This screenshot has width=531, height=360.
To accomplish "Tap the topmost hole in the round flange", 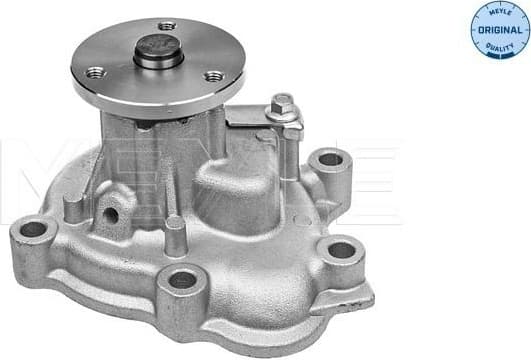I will pos(167,25).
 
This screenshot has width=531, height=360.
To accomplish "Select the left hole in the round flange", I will pos(96,72).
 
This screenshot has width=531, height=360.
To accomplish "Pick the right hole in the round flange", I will pos(213,76).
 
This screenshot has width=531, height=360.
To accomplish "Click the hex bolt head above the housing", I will pos(283,102).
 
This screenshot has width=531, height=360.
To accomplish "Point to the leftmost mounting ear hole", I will pos(33,229).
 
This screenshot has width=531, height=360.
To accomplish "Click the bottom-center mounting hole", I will pos(182,280).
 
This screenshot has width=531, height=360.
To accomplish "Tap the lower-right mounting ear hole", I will pos(341,250).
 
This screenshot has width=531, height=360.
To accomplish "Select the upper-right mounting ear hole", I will pos(329,159).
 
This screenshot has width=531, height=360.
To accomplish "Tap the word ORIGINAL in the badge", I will pos(500,30).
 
